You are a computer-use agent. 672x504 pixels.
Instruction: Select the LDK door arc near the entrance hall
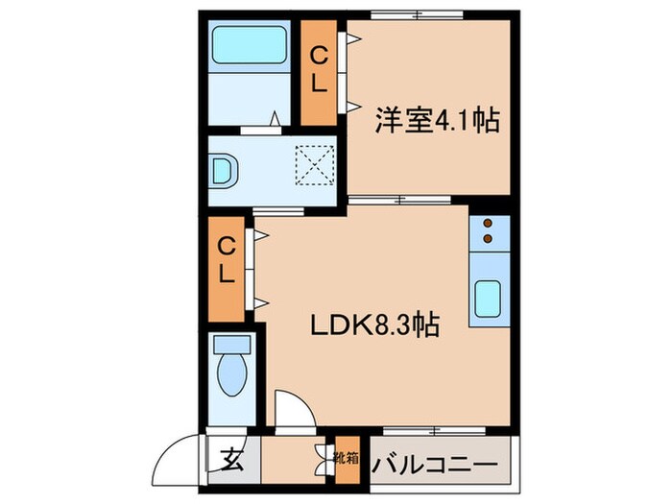coord(291,407)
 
